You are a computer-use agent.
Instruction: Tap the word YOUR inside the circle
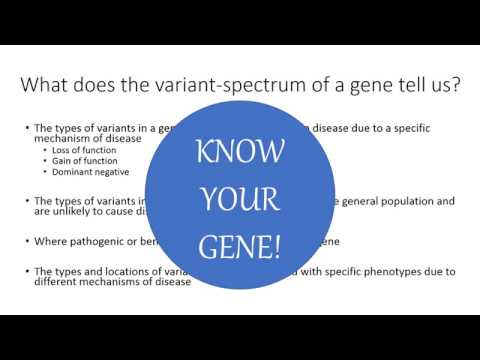(x=240, y=200)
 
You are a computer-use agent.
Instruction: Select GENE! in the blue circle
(x=240, y=245)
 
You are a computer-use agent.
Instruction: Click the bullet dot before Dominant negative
(x=44, y=172)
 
